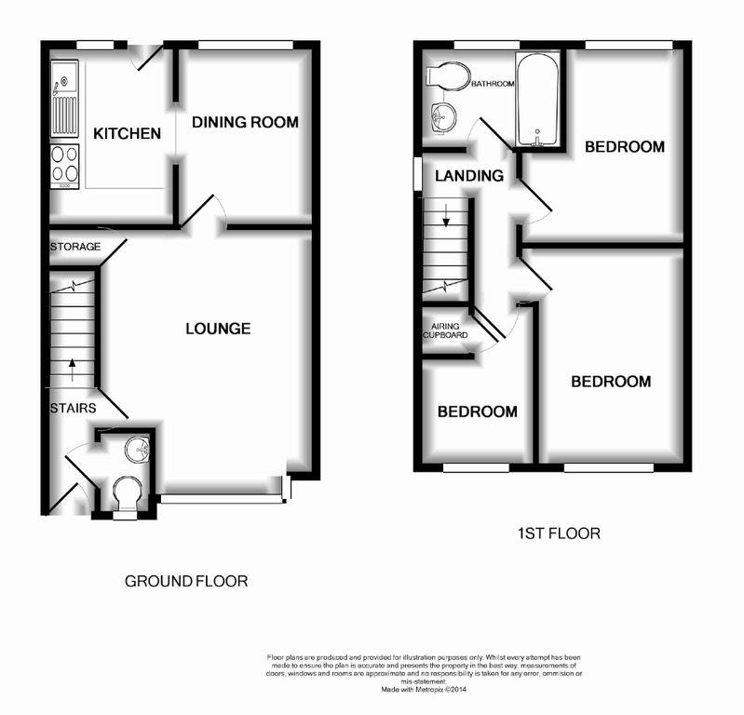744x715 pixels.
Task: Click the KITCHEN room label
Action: [127, 134]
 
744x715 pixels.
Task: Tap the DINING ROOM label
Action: [245, 122]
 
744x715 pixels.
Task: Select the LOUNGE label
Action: [218, 329]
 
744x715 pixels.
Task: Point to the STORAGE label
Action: [74, 248]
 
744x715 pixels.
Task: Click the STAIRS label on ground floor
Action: [74, 408]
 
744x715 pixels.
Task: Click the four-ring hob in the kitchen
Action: [65, 164]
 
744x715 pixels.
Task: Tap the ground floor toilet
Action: [125, 492]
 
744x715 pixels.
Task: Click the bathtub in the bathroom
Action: [536, 101]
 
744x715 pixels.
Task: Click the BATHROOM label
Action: [492, 84]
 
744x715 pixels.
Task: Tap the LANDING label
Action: [469, 175]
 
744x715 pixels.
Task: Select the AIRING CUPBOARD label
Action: [448, 332]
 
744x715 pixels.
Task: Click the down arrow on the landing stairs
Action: [446, 220]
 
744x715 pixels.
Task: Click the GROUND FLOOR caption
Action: [186, 582]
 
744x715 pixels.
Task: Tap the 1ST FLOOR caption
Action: [559, 533]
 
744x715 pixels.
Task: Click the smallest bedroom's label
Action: [478, 411]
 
